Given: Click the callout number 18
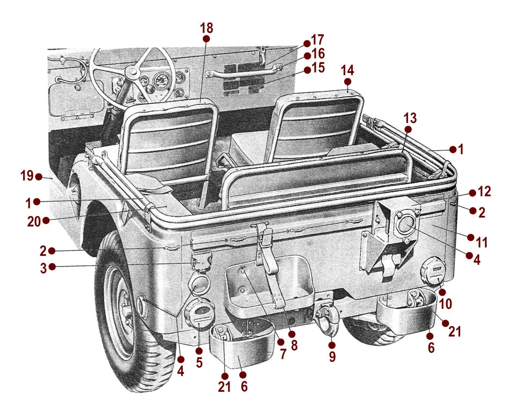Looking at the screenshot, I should (x=206, y=28).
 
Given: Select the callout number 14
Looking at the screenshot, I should (x=347, y=70).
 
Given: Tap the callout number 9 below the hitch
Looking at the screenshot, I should (x=332, y=356).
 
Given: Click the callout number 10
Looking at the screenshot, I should (x=446, y=304).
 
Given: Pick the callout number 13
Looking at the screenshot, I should (x=410, y=117).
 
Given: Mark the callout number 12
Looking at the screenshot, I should (x=484, y=192).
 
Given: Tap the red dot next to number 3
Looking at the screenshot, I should (x=52, y=266).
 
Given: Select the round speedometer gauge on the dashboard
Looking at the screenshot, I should (x=160, y=81).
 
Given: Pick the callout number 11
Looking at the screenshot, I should (x=482, y=243).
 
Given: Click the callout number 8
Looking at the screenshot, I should (x=294, y=346).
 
